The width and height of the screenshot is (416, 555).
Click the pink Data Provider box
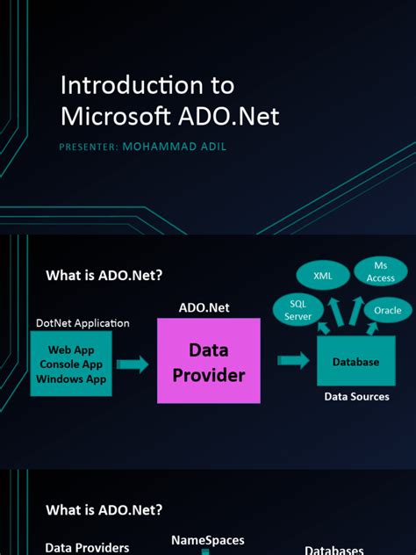(x=209, y=362)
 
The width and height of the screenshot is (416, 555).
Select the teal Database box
(x=355, y=362)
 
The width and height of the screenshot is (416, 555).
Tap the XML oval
(x=322, y=276)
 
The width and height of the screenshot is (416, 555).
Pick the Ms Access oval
(x=380, y=272)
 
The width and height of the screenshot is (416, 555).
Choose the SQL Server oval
(x=298, y=310)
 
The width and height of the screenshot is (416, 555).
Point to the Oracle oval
(x=387, y=310)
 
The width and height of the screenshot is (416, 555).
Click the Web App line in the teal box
(x=71, y=350)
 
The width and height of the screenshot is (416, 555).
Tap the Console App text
(x=71, y=364)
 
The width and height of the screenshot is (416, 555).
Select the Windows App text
(x=71, y=379)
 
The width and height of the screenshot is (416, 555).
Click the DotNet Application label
(x=82, y=323)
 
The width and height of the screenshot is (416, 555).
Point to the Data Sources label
(x=356, y=397)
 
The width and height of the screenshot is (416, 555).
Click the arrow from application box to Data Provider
(x=133, y=364)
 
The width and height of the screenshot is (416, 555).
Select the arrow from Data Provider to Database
(x=293, y=360)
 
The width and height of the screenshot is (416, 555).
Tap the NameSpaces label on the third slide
(x=207, y=540)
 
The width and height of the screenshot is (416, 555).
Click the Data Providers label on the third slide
(x=87, y=548)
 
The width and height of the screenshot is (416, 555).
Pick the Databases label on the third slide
(x=334, y=550)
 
